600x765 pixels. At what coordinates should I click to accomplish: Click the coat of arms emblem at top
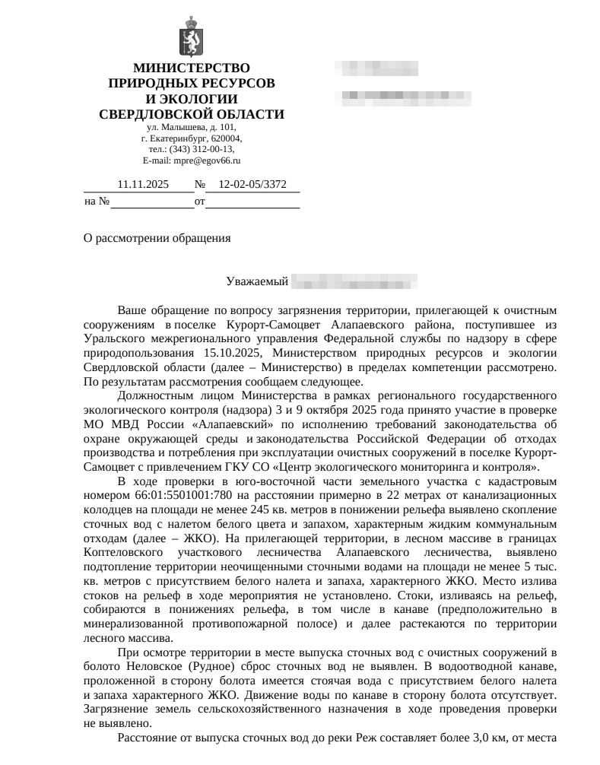click(191, 41)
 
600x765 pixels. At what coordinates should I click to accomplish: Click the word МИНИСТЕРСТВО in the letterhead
click(192, 68)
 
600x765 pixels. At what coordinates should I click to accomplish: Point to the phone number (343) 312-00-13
click(202, 150)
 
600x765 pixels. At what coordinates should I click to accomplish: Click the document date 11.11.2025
click(143, 184)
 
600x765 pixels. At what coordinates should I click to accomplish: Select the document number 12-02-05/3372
click(252, 184)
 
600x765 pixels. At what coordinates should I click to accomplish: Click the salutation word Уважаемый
click(257, 282)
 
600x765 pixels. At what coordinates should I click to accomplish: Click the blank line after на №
click(152, 202)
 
